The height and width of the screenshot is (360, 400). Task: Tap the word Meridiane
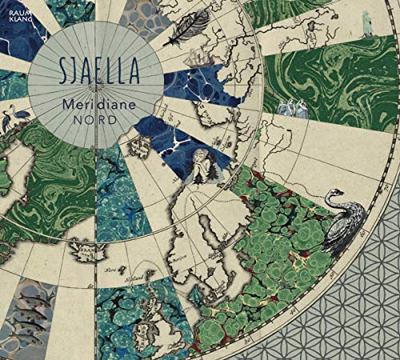click(94, 105)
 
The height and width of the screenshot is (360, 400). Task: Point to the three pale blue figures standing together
click(293, 108)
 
